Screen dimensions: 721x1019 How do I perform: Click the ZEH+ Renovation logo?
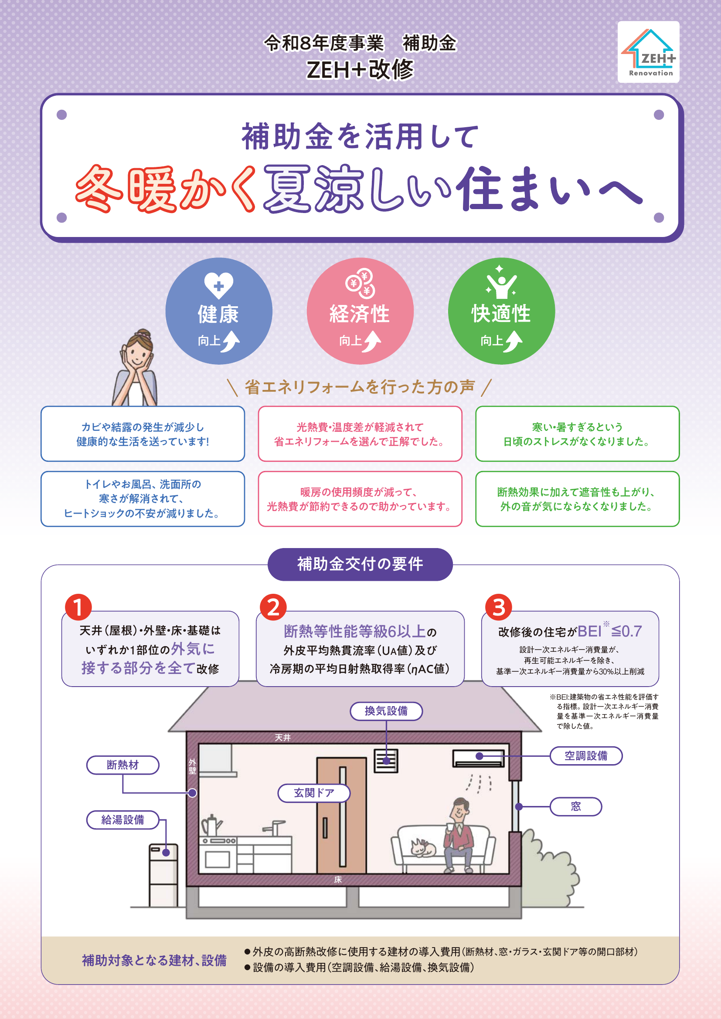[648, 52]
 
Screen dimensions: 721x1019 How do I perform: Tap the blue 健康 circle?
[219, 311]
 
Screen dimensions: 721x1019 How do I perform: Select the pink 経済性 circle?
[360, 311]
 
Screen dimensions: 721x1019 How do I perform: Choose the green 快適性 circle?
[501, 311]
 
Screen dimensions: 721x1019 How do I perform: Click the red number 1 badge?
[78, 607]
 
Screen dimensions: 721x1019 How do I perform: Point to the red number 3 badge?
[499, 607]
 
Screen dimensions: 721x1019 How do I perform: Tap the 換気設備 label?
[386, 711]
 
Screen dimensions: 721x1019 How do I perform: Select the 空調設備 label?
[586, 755]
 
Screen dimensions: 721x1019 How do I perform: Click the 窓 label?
[576, 806]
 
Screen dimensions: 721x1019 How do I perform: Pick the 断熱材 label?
[122, 765]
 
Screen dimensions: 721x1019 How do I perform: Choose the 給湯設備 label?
[122, 819]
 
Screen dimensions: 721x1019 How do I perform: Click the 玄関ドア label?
[314, 792]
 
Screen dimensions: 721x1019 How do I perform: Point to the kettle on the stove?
[211, 826]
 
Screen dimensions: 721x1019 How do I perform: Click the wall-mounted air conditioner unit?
[478, 758]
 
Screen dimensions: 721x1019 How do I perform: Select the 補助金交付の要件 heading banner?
[360, 564]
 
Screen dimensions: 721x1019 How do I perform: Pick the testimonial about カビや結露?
[143, 433]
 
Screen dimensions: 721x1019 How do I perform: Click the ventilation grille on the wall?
[386, 761]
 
